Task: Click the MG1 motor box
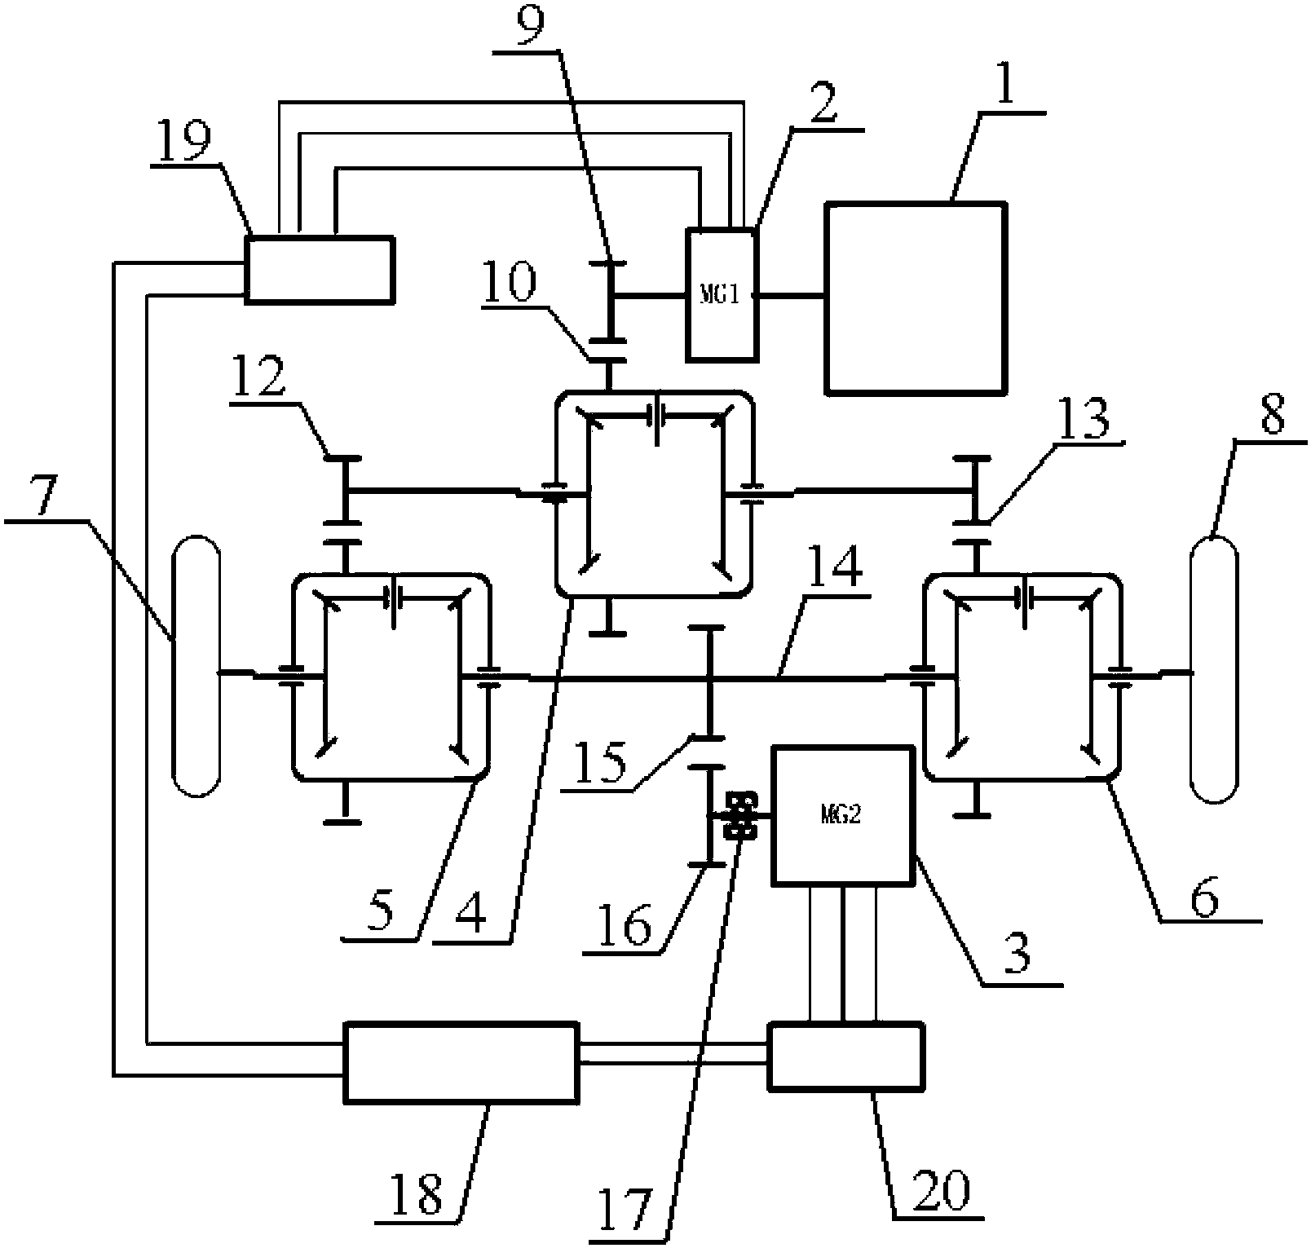tap(722, 294)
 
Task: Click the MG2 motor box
tap(841, 814)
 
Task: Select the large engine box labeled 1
tap(915, 298)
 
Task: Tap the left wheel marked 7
tap(196, 665)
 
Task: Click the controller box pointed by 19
tap(320, 269)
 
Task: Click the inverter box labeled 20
tap(846, 1056)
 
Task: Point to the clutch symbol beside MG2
tap(742, 814)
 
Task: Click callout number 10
tap(509, 284)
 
